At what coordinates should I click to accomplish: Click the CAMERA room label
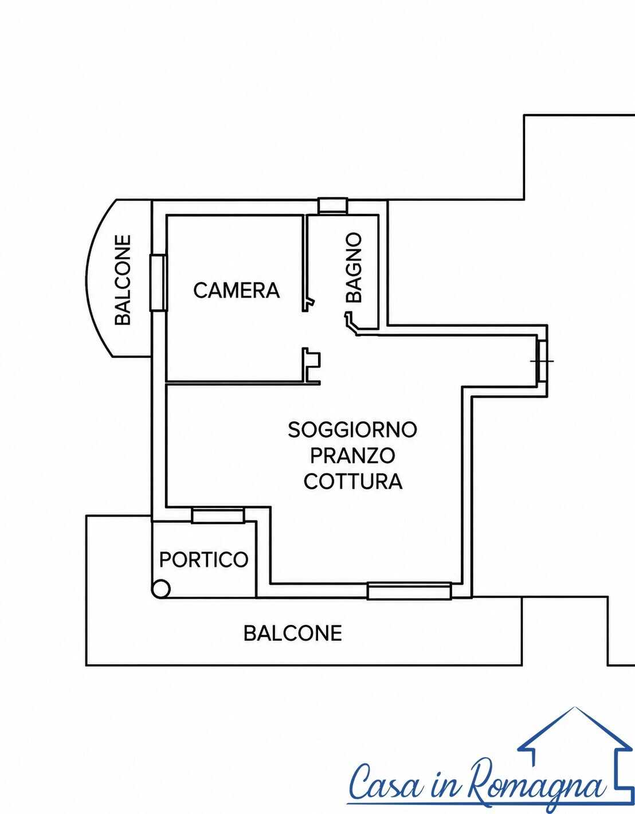[x=237, y=291]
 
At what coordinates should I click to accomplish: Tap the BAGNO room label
[x=354, y=268]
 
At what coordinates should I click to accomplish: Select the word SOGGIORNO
[x=352, y=430]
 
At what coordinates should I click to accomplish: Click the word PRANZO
[x=352, y=456]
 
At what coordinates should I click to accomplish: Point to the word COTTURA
[x=353, y=482]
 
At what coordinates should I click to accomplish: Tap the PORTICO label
[x=203, y=559]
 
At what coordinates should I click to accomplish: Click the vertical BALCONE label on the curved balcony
[x=123, y=280]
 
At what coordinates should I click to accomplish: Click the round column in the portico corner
[x=160, y=589]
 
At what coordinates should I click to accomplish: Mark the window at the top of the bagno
[x=333, y=206]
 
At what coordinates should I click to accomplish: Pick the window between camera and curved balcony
[x=158, y=283]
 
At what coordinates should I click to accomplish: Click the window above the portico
[x=218, y=515]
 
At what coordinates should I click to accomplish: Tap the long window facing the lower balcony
[x=409, y=591]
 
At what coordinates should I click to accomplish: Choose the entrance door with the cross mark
[x=542, y=361]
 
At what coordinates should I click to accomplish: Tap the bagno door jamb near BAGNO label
[x=351, y=323]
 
